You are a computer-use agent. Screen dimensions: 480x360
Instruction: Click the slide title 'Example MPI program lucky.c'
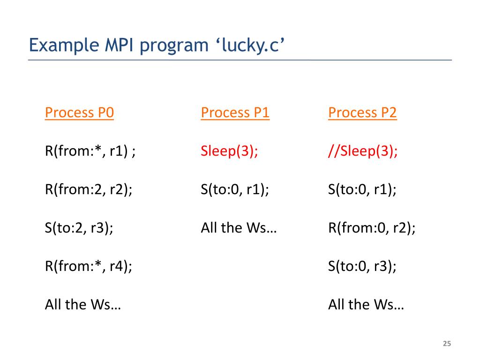click(157, 46)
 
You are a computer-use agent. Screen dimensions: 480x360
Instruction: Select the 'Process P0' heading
click(80, 113)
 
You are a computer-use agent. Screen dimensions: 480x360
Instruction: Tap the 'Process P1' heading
click(235, 113)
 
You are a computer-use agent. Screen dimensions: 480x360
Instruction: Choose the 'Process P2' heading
click(362, 113)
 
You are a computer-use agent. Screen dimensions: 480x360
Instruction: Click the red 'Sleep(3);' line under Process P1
click(229, 151)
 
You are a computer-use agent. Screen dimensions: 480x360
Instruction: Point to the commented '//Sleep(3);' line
click(363, 151)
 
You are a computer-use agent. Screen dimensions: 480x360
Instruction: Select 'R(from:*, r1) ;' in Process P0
click(90, 151)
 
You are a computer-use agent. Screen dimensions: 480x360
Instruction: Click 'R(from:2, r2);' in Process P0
click(89, 190)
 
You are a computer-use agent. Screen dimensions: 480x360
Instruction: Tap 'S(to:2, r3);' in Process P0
click(79, 228)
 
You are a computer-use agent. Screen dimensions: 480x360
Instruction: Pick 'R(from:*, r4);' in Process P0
click(89, 267)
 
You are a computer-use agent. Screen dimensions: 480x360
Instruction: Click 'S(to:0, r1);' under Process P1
click(235, 190)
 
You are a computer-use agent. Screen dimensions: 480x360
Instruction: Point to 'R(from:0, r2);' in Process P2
click(372, 228)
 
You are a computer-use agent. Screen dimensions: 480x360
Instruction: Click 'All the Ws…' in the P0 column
click(83, 305)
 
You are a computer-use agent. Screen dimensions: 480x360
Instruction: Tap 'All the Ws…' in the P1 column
click(239, 228)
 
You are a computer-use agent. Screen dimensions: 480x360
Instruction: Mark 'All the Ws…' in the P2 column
click(366, 305)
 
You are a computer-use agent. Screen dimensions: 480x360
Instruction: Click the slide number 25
click(446, 345)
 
